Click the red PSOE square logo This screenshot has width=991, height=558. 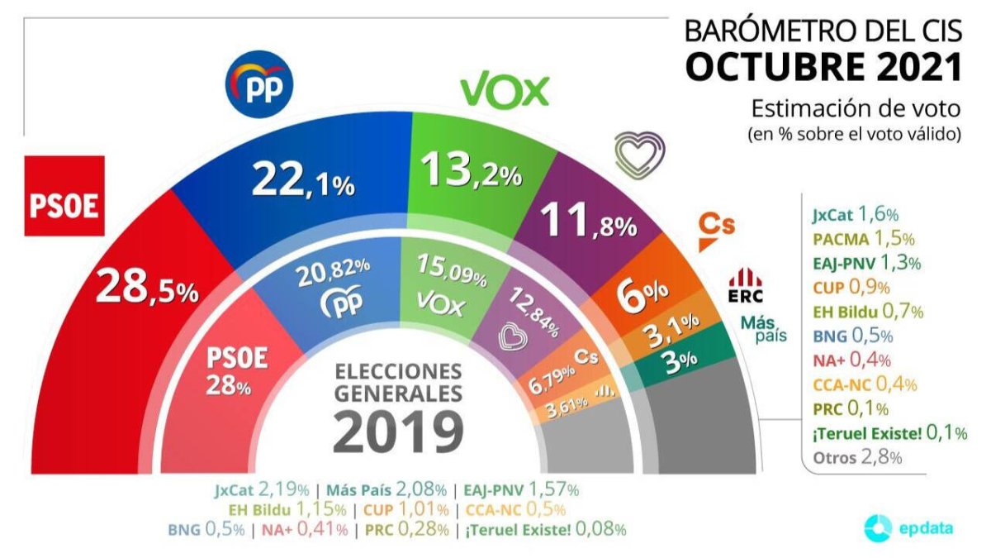pos(64,196)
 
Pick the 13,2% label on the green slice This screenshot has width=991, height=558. pos(472,171)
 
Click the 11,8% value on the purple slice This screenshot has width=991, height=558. pos(587,222)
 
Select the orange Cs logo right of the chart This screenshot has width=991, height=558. pos(716,230)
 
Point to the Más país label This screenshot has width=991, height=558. pos(762,328)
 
